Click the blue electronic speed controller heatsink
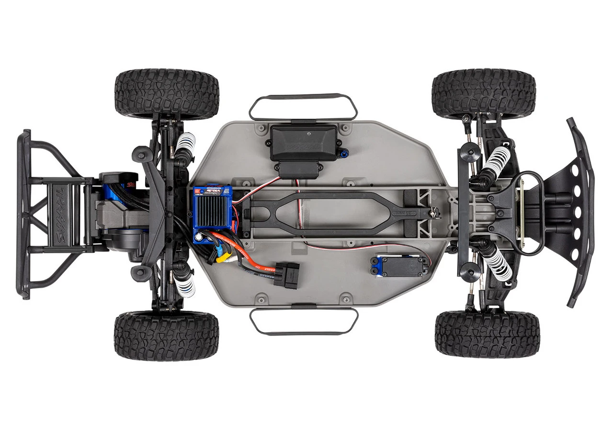[x=211, y=213]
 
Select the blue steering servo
[x=392, y=265]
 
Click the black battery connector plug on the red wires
[x=286, y=273]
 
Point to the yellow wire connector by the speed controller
[x=221, y=259]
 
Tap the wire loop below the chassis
[x=304, y=321]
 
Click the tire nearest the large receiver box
[x=167, y=94]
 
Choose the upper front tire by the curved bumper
[x=484, y=93]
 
